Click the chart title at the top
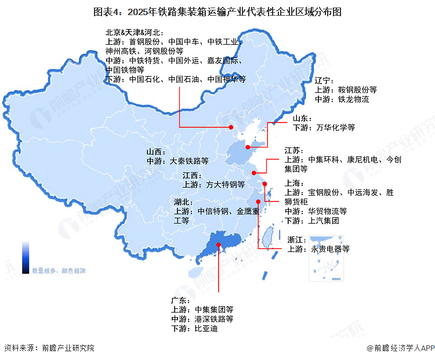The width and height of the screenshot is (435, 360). point(217,11)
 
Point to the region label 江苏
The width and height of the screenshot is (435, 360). point(293,150)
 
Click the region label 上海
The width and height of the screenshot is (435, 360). point(293,183)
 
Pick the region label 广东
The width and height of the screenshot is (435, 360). point(180,300)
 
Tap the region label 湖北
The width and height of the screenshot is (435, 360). point(183,201)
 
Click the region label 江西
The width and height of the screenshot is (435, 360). point(191,175)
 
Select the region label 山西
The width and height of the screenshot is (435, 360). point(155,151)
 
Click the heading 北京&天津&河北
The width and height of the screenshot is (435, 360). point(135,33)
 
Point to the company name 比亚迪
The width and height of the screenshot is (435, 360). point(205,329)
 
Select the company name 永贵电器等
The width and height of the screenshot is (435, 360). point(330,250)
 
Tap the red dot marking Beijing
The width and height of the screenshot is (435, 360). point(230,127)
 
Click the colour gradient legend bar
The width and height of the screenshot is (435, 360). point(26,257)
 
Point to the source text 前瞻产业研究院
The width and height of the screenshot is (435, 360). point(67,348)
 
